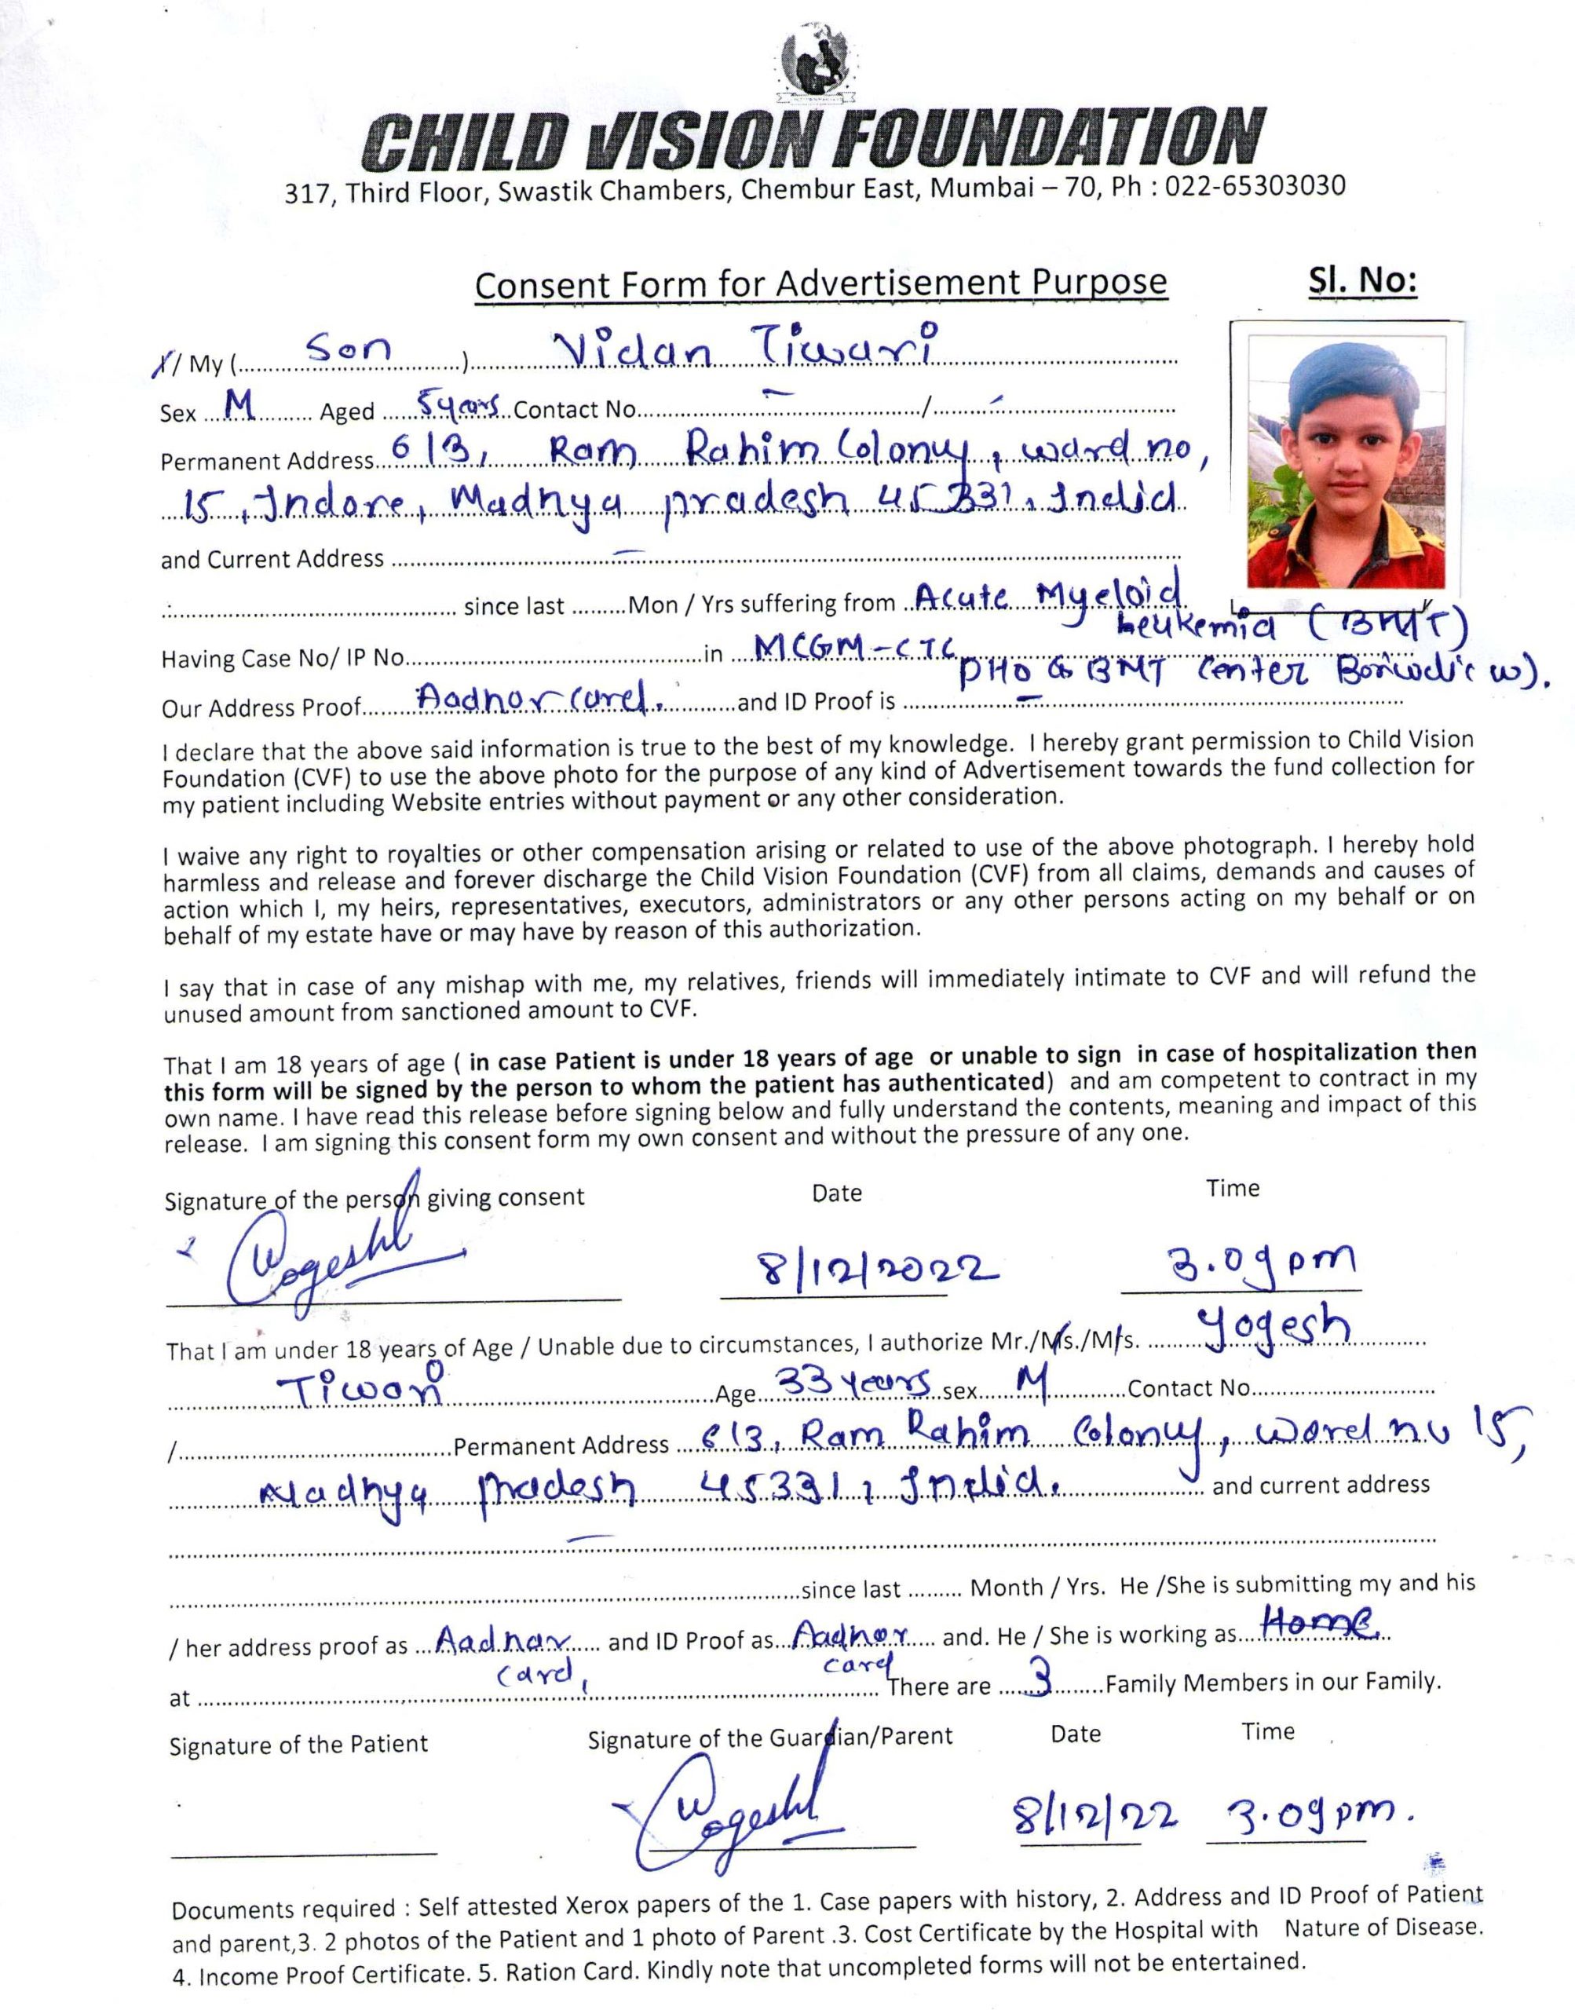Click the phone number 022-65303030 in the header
[x=1255, y=186]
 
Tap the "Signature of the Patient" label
[x=298, y=1745]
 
